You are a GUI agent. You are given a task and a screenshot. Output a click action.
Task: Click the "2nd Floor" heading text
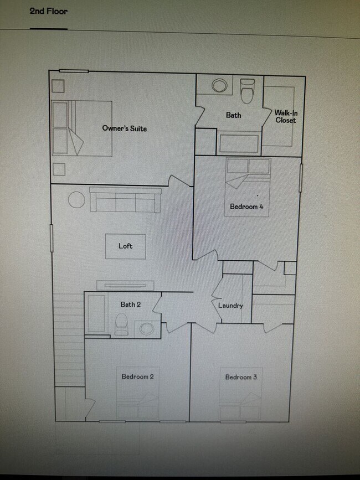coord(49,11)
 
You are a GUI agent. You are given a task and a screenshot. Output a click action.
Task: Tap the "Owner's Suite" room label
coord(125,128)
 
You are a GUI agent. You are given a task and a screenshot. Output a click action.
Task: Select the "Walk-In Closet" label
coord(285,116)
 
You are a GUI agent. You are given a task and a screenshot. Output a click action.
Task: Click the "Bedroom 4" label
coord(246,207)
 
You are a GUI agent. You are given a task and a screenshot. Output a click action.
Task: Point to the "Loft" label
coord(126,246)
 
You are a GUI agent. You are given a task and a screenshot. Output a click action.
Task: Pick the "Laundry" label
coord(230,306)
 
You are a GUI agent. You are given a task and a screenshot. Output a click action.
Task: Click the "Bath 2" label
coord(131,304)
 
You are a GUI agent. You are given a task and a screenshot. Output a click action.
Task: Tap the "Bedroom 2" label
coord(137,376)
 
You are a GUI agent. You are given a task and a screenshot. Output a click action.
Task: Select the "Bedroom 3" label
coord(241,377)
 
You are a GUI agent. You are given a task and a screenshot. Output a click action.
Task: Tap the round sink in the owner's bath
coord(220,86)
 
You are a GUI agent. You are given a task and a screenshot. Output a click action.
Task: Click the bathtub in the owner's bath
coord(239,143)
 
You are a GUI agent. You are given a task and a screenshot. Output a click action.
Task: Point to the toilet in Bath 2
coord(121,324)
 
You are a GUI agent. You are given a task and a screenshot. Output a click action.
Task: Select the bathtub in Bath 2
coord(96,313)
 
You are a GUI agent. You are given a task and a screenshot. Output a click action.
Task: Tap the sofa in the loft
coord(126,200)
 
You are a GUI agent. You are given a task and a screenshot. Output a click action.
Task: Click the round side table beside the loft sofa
coord(76,200)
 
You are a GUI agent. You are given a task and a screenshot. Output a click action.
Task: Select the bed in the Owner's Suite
coord(82,128)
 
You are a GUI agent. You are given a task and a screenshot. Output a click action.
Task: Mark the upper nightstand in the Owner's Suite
coord(58,86)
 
